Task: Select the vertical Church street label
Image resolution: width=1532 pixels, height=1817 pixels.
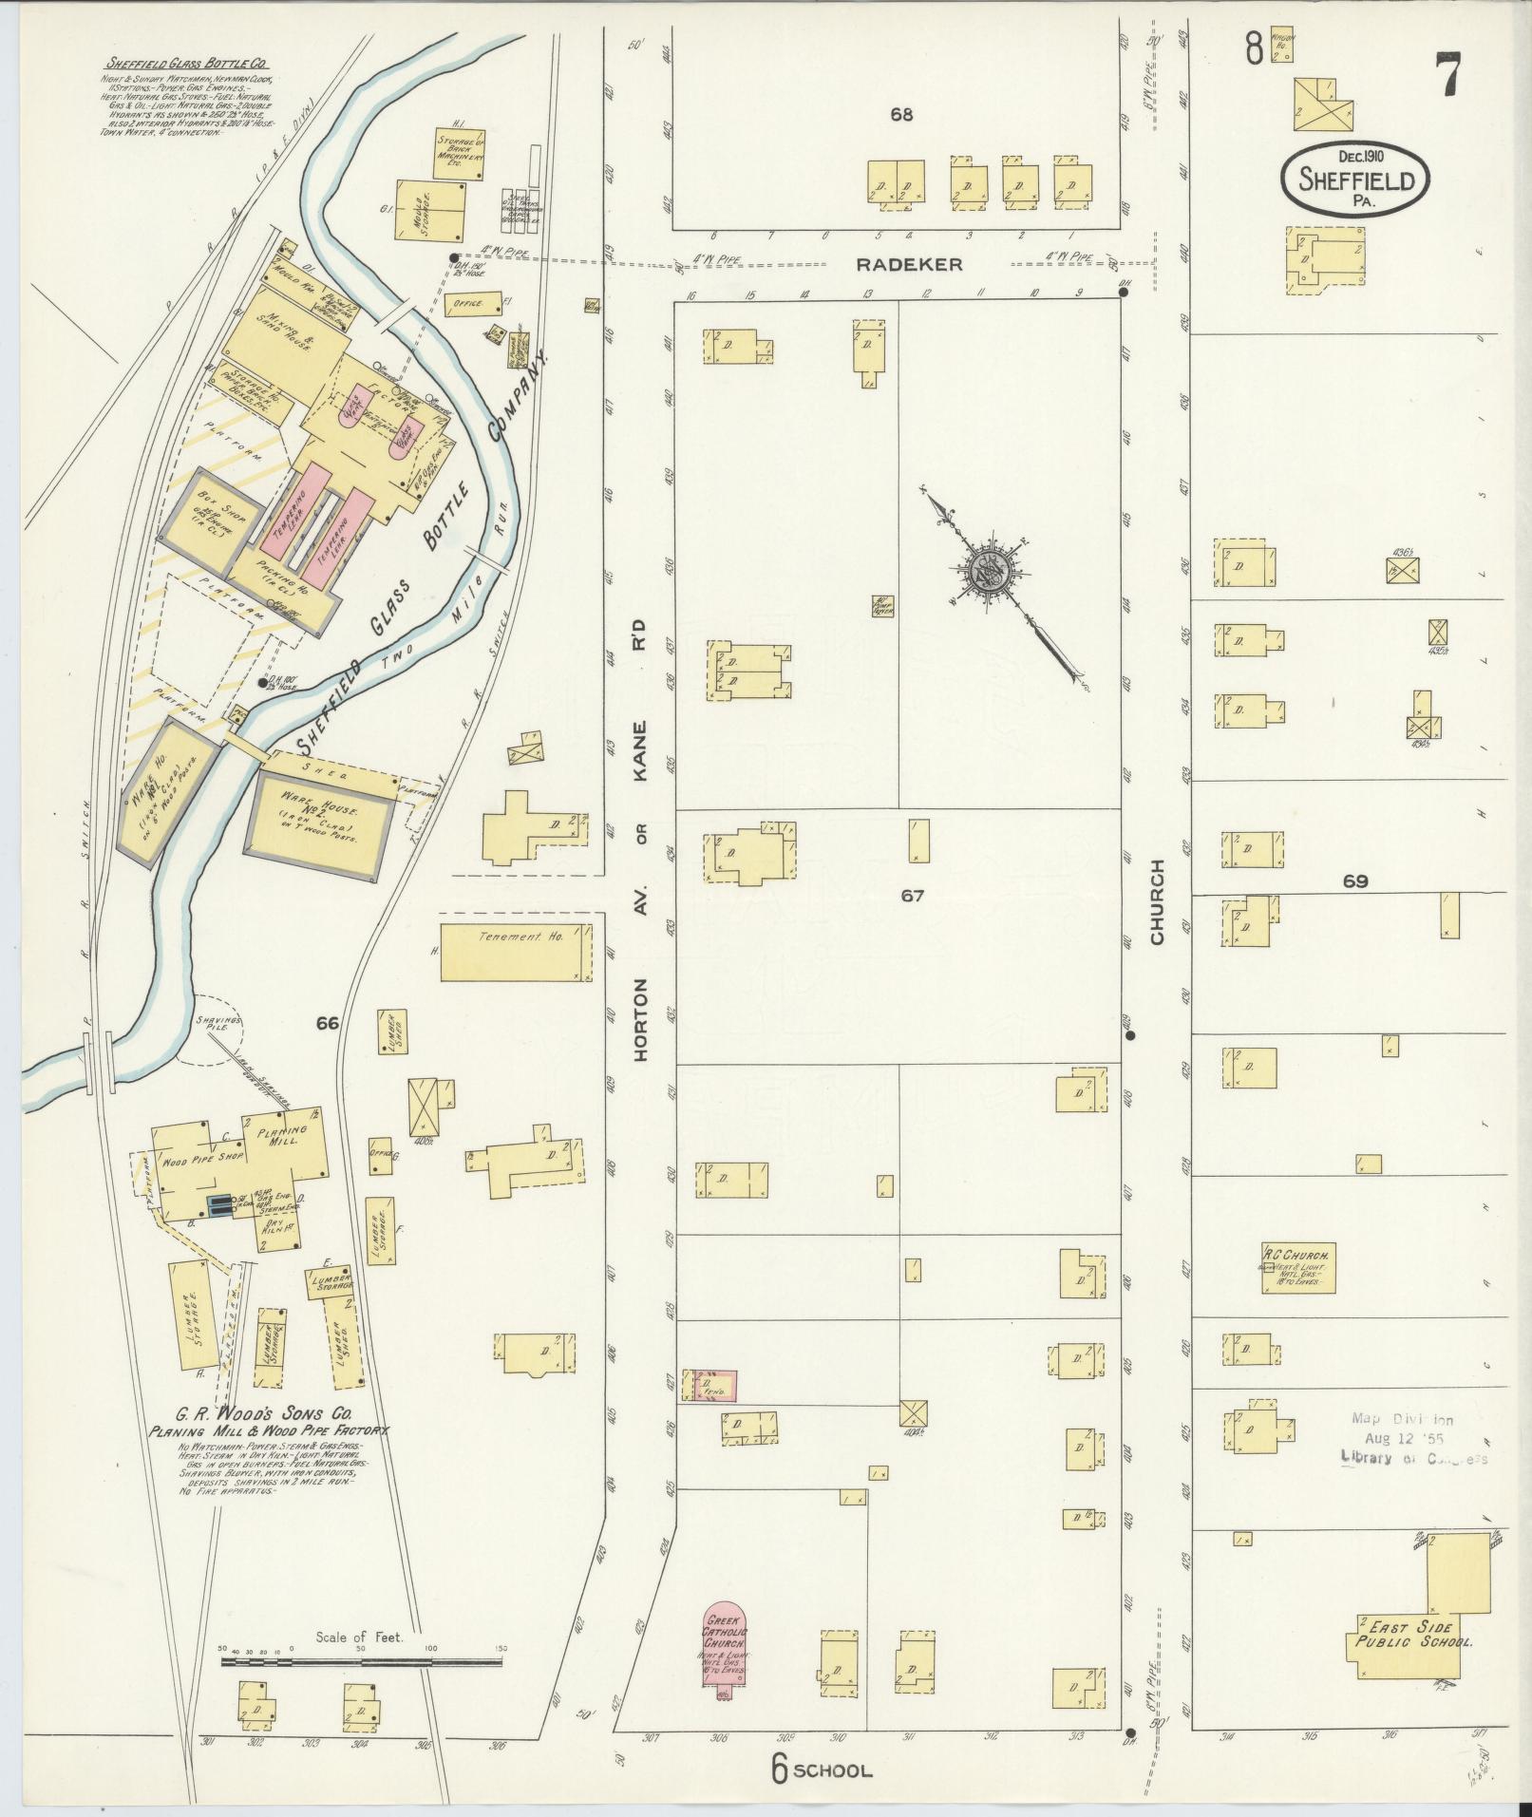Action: pyautogui.click(x=1157, y=901)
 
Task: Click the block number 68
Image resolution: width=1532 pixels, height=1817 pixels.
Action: pyautogui.click(x=901, y=115)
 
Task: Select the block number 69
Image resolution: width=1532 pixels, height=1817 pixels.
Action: pyautogui.click(x=1355, y=881)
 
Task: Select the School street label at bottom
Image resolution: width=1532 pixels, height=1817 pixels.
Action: pyautogui.click(x=830, y=1770)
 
